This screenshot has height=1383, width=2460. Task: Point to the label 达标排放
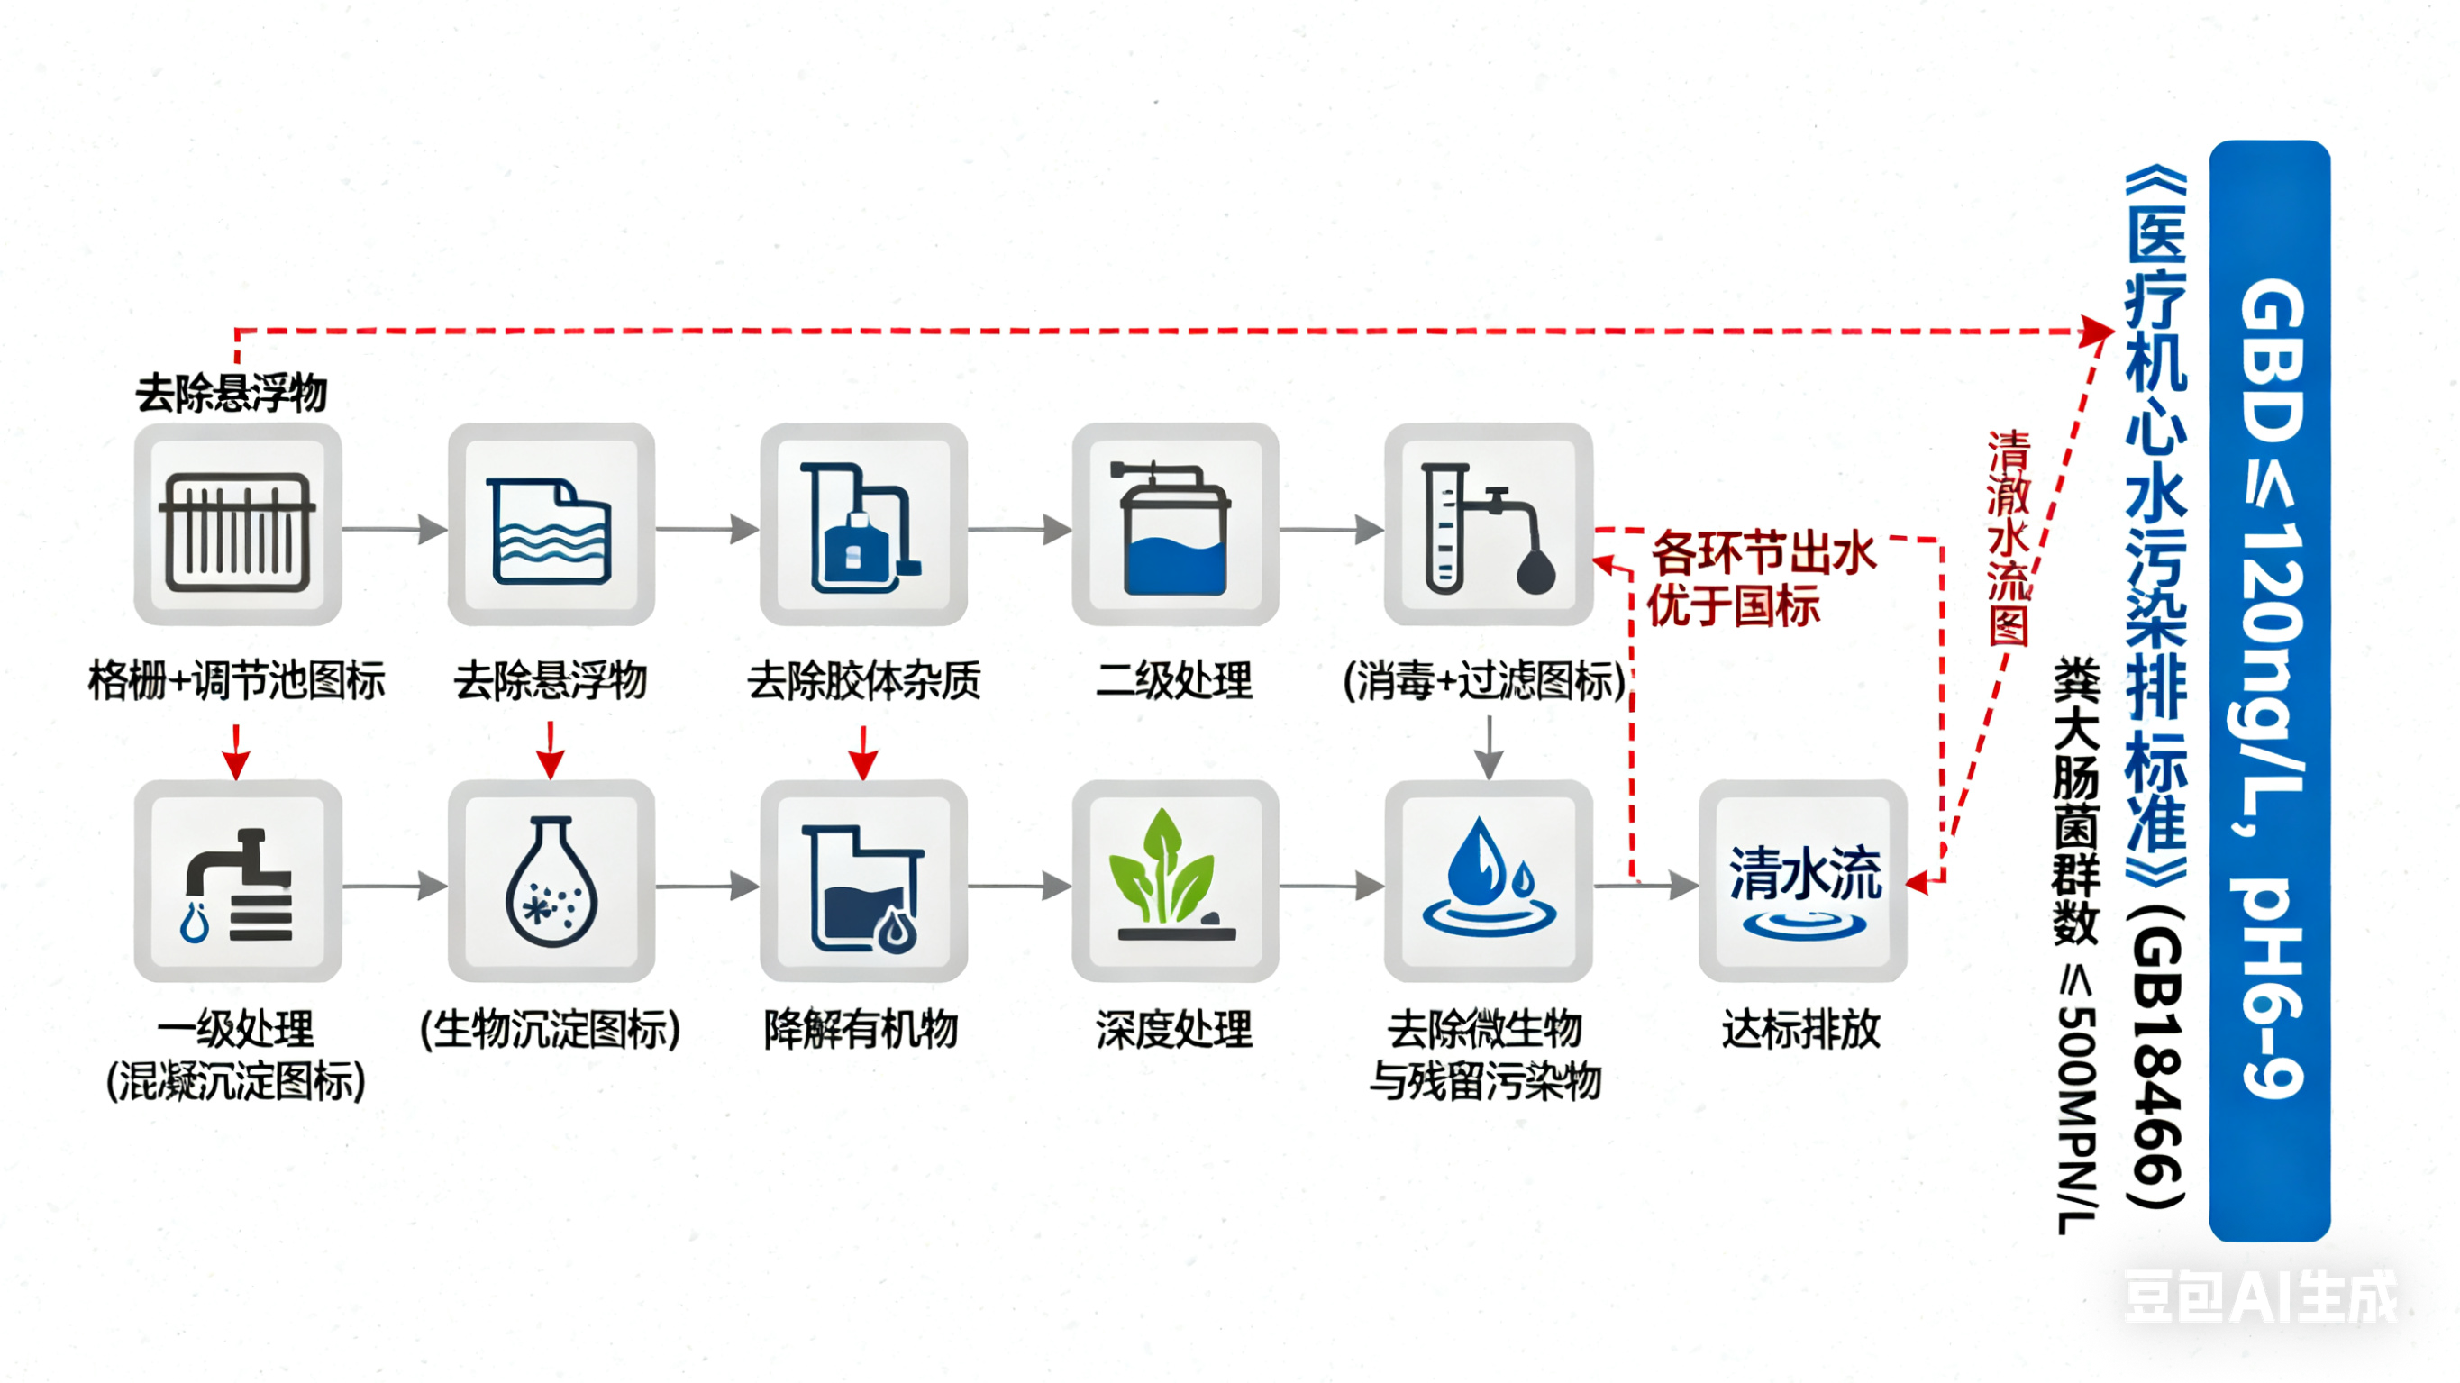(x=1801, y=1030)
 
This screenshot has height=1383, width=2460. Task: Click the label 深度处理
(x=1173, y=1030)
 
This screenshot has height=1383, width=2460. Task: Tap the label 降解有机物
(x=861, y=1030)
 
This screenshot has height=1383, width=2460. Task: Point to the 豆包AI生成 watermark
(x=2259, y=1297)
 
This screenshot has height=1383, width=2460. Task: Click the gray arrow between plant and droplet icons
(x=1331, y=887)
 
